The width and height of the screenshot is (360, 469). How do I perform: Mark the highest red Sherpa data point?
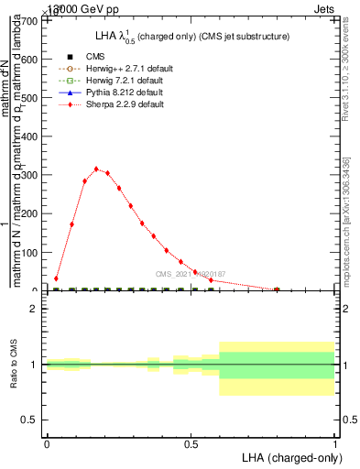coord(96,169)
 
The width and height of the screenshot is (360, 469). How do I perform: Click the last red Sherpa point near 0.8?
coord(277,289)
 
